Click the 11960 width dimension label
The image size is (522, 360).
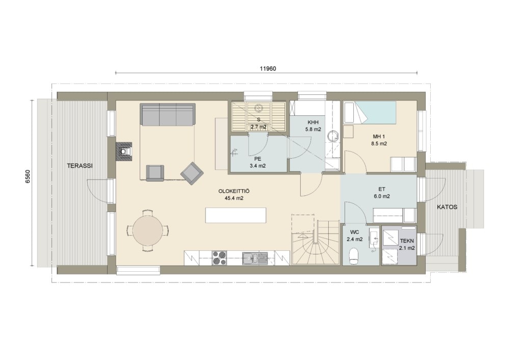point(268,69)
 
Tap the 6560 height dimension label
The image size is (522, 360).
point(28,176)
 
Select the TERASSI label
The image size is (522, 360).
point(80,166)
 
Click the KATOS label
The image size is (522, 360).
point(447,207)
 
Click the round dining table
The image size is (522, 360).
point(148,230)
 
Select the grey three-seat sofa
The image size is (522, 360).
point(167,114)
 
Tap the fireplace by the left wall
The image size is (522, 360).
point(124,151)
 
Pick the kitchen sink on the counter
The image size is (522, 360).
point(255,258)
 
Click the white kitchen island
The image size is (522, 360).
point(236,215)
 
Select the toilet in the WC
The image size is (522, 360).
point(354,256)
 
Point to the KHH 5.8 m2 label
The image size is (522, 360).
point(313,126)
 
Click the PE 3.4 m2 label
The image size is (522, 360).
point(257,162)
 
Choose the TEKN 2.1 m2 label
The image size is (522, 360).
point(407,244)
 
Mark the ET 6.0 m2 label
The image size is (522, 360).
point(381,192)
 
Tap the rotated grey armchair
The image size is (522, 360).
point(192,173)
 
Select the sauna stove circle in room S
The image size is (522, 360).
point(258,108)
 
